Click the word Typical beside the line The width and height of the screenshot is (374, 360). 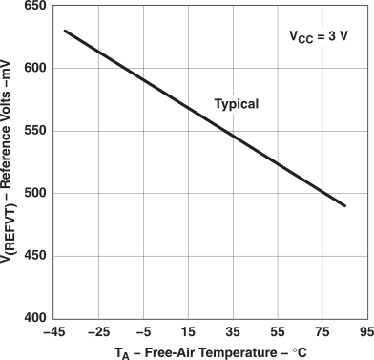[236, 103]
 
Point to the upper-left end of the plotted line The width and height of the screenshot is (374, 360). [64, 31]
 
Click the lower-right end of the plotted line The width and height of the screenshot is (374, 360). [344, 205]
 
